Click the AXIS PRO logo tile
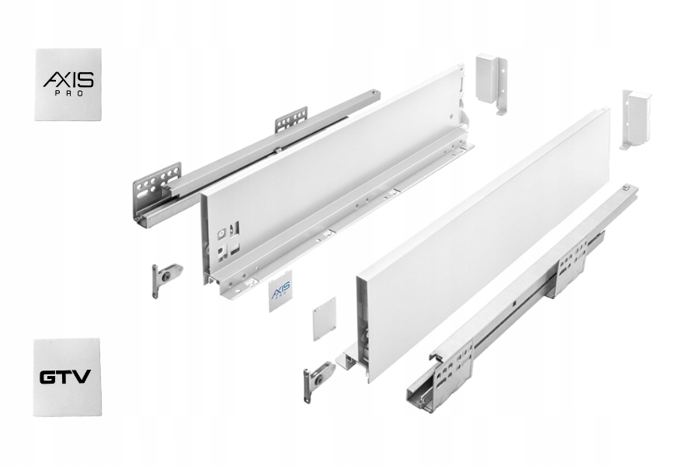[68, 84]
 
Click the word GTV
[65, 378]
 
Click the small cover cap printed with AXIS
[280, 291]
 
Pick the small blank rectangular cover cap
[324, 318]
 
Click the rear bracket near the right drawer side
[635, 119]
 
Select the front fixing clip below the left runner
[165, 276]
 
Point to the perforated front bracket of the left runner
[157, 185]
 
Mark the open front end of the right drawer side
[360, 326]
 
